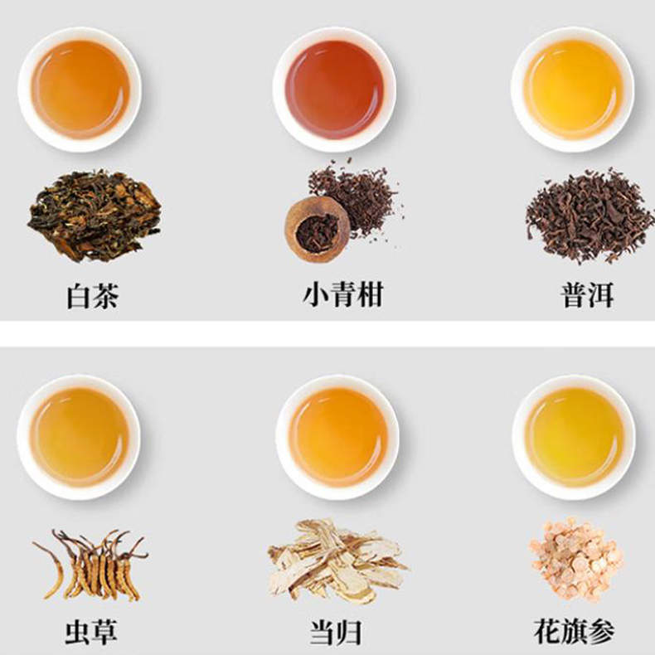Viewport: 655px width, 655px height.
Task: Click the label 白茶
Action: click(x=93, y=296)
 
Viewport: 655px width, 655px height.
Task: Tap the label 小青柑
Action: click(x=343, y=294)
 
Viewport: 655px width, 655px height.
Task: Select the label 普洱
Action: click(x=587, y=296)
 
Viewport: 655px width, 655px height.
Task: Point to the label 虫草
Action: click(x=90, y=633)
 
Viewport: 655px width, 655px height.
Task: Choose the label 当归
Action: click(x=336, y=633)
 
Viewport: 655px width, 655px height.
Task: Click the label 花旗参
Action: click(x=575, y=632)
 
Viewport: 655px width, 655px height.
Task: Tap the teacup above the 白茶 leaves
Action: click(x=80, y=90)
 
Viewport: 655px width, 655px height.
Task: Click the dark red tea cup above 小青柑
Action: click(x=334, y=90)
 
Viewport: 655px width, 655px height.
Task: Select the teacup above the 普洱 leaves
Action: click(x=573, y=90)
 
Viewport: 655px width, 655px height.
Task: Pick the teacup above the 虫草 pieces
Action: click(x=79, y=437)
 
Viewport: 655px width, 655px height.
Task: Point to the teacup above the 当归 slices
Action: click(x=337, y=437)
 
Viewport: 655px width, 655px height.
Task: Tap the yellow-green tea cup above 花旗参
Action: click(x=574, y=437)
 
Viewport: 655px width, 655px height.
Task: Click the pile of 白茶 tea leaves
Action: click(x=95, y=215)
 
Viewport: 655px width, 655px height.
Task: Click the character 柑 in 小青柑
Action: click(x=370, y=294)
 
